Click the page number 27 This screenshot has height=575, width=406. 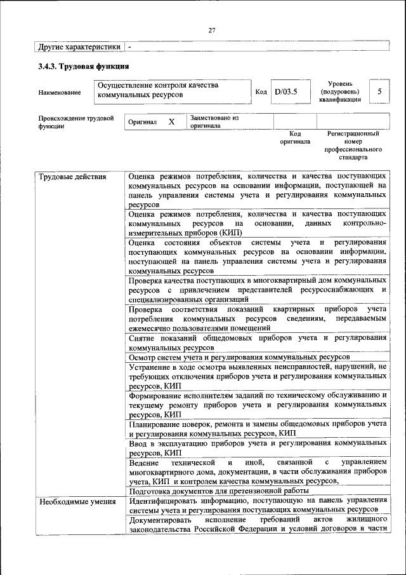point(212,30)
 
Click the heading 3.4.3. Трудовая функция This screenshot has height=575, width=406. point(83,66)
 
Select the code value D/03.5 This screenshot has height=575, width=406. point(285,92)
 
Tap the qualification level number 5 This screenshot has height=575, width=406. point(379,91)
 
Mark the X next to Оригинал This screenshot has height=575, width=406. point(171,121)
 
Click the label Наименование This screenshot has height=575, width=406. point(60,93)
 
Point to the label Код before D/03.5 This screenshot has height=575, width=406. point(261,92)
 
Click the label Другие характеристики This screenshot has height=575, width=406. point(79,46)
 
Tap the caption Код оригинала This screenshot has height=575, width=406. point(295,137)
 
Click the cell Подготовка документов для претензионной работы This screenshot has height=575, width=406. point(219,491)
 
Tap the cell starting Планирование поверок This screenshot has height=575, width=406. point(257,428)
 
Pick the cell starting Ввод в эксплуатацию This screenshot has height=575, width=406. point(257,448)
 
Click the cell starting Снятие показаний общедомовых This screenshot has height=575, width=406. point(257,342)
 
